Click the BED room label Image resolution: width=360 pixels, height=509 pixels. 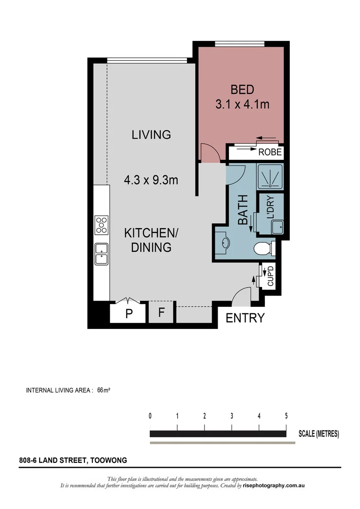[x=242, y=90]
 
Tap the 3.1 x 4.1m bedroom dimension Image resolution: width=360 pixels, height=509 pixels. [x=242, y=104]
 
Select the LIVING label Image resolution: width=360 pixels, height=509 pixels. [x=151, y=134]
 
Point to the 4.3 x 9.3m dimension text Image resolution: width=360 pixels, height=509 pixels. [x=151, y=180]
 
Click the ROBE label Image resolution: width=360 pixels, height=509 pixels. [x=270, y=152]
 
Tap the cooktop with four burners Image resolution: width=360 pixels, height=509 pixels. [x=101, y=225]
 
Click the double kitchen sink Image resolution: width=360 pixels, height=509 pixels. [x=101, y=254]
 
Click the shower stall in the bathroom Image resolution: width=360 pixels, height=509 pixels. [x=270, y=177]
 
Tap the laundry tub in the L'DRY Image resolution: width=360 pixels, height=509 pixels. [x=277, y=227]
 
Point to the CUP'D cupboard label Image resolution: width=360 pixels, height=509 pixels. [x=271, y=276]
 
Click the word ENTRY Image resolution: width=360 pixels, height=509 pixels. [x=245, y=318]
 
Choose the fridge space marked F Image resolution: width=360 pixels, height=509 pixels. [x=161, y=312]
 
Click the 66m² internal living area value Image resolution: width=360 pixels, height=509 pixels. [x=104, y=390]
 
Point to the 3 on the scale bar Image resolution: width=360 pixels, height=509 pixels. [x=232, y=416]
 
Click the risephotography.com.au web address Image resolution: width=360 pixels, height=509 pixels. [x=274, y=485]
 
